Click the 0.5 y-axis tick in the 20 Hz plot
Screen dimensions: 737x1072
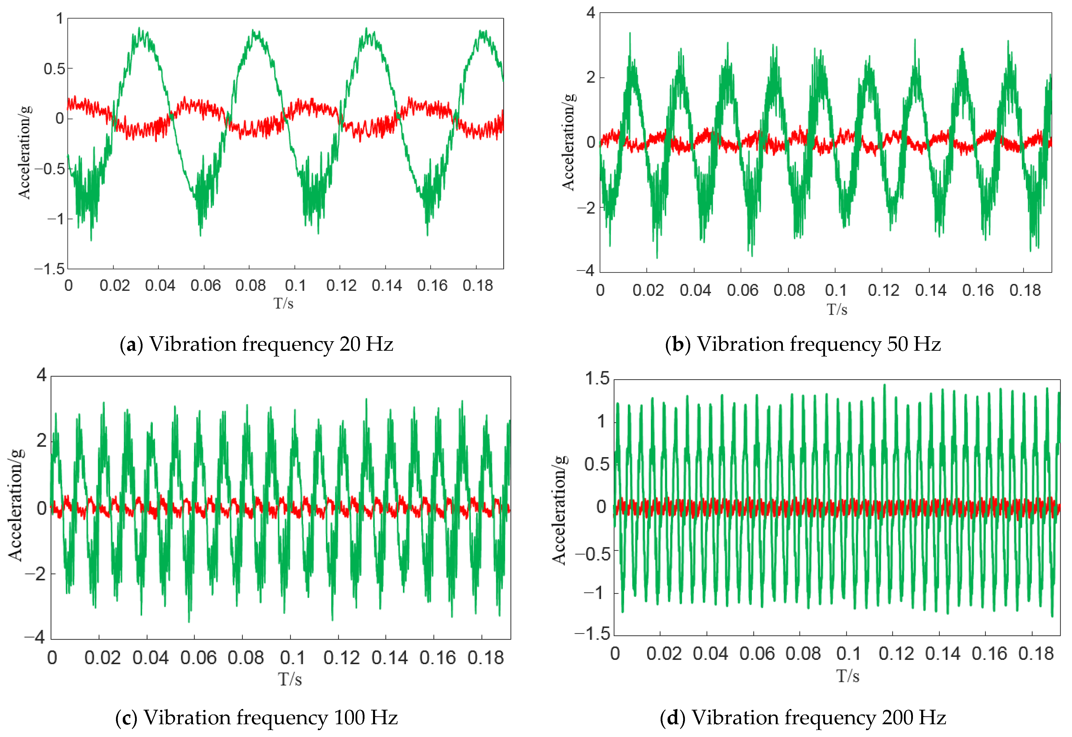pos(55,69)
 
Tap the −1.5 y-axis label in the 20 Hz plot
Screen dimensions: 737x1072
pos(50,269)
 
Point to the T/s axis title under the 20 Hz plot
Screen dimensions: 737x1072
pos(283,303)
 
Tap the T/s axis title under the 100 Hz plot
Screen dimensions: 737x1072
pos(290,679)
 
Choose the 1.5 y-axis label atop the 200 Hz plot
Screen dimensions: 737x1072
pos(597,379)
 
